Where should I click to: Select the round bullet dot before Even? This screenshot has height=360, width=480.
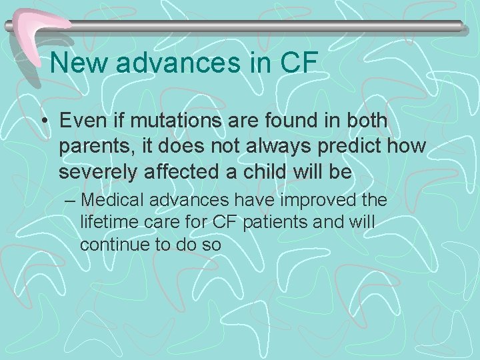click(x=45, y=121)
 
